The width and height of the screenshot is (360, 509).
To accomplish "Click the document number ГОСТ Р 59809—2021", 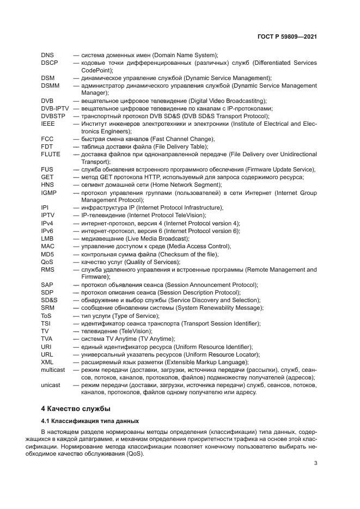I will [287, 37].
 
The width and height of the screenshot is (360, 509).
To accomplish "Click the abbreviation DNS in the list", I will [47, 56].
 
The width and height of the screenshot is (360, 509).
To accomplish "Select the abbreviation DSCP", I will [50, 63].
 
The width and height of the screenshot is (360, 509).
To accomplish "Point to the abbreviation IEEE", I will [48, 124].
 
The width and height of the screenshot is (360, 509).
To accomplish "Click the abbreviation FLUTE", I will [51, 155].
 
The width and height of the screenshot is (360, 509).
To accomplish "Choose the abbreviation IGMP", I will [49, 193].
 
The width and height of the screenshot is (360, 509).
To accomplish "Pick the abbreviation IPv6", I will [47, 231].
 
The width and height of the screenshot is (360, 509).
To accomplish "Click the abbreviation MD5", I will [47, 254].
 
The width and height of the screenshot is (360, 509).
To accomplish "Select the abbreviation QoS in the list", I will [47, 262].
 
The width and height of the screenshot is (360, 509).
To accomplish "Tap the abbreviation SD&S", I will [49, 300].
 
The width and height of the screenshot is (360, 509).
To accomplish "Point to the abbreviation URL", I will [47, 354].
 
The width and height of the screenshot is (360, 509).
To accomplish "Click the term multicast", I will [53, 369].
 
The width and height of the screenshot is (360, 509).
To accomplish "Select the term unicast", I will [51, 384].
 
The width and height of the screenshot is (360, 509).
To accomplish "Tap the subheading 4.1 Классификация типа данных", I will [90, 421].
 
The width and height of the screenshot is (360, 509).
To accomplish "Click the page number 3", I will [315, 463].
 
